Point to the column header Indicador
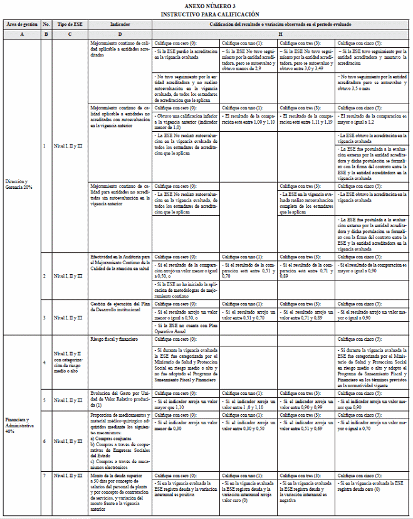point(120,24)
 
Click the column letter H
point(280,33)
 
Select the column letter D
point(120,33)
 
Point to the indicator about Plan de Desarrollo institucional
point(120,306)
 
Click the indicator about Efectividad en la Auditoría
point(120,261)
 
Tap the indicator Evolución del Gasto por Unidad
point(120,397)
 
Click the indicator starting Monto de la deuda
point(120,493)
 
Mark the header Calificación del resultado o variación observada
point(280,24)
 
